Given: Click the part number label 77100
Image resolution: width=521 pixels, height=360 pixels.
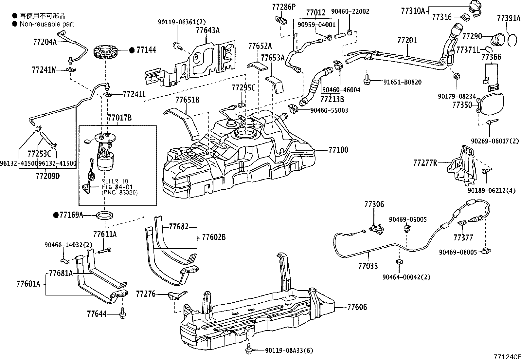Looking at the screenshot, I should (338, 150).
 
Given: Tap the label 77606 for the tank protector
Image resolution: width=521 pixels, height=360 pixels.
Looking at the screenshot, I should (357, 307).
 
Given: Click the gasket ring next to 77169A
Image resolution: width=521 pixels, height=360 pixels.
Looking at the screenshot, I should (105, 215).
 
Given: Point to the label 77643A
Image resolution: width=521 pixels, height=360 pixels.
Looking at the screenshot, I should (207, 30).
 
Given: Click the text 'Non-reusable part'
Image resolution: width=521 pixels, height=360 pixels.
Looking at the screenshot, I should (47, 24).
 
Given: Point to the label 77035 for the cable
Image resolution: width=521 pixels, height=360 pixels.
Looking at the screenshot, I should (368, 266).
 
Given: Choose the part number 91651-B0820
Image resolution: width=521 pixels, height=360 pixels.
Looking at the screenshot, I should (402, 82).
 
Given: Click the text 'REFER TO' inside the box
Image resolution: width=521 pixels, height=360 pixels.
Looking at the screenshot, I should (115, 181).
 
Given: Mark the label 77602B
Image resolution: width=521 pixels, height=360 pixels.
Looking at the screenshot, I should (214, 237).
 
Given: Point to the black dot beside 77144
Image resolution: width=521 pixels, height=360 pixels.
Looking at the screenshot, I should (132, 50).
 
